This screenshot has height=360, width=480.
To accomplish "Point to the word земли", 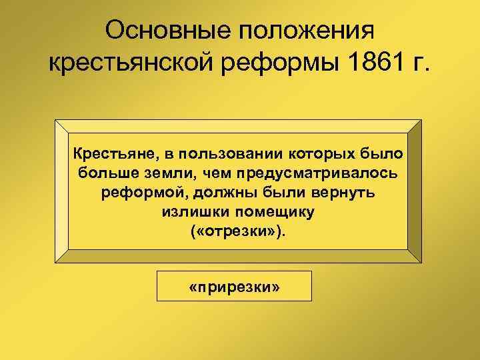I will pyautogui.click(x=165, y=174).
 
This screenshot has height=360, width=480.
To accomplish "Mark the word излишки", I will pyautogui.click(x=189, y=213).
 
